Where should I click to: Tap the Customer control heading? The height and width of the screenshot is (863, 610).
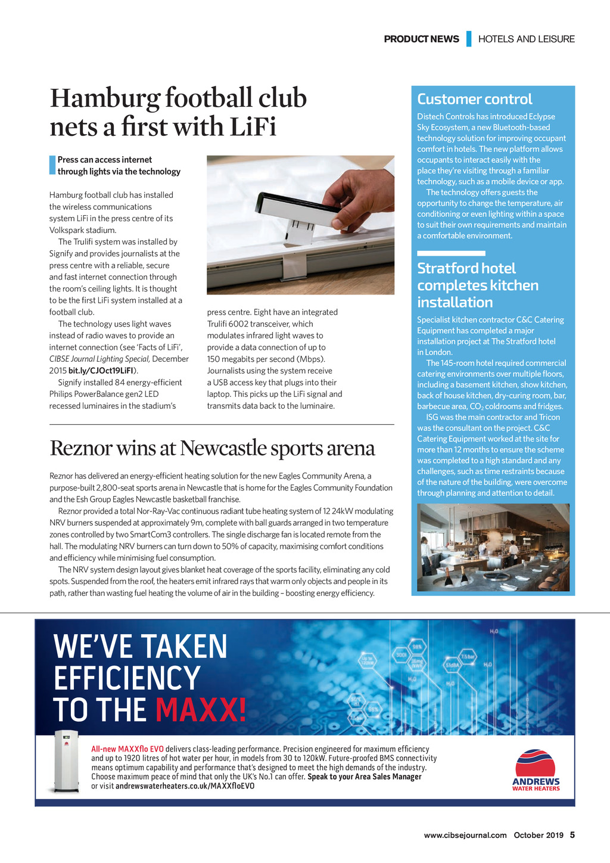click(x=475, y=99)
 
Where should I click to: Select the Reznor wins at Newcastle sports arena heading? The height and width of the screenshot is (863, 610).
click(x=212, y=448)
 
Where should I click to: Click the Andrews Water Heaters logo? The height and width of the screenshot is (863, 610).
click(x=536, y=770)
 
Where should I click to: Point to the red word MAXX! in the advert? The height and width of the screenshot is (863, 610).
click(x=201, y=710)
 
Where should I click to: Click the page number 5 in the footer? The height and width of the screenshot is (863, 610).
click(x=572, y=835)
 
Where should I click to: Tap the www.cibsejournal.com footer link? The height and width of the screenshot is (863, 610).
click(x=465, y=835)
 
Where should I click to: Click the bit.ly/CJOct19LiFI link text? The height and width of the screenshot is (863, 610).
click(x=101, y=371)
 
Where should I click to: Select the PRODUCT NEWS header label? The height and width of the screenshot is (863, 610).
click(x=421, y=39)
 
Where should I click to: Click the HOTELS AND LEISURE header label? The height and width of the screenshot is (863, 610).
click(x=526, y=39)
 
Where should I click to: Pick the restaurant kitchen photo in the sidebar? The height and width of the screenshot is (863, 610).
click(x=493, y=547)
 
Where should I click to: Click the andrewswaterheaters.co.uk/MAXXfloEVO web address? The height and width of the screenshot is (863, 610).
click(x=185, y=786)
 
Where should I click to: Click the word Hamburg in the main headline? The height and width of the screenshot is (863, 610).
click(x=105, y=98)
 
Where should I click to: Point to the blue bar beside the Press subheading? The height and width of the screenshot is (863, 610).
click(x=52, y=165)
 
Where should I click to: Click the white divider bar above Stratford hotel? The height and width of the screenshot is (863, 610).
click(x=443, y=253)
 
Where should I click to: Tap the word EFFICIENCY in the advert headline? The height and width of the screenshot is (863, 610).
click(x=127, y=678)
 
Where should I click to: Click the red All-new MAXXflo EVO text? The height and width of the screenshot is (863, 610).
click(x=127, y=749)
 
